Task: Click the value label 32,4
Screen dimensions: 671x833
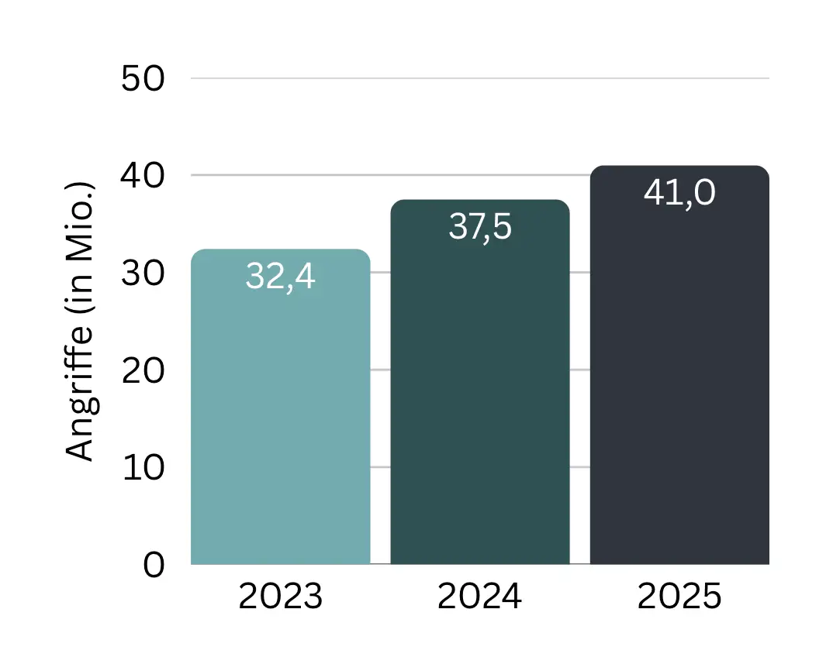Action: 280,277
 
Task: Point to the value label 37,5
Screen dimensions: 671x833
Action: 479,227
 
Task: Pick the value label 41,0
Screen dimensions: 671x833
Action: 679,193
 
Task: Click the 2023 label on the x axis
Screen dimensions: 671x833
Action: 280,597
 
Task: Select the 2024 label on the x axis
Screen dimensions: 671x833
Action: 479,597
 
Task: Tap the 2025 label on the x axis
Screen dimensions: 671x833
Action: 679,597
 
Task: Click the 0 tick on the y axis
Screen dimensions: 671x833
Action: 154,565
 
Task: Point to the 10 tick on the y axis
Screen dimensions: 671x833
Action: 143,468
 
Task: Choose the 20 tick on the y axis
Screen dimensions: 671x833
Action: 143,370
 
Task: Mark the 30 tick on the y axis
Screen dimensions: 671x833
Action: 143,274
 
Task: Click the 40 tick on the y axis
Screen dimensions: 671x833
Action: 143,176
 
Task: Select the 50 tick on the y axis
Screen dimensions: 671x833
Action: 143,79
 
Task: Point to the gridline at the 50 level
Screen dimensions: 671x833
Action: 479,78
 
